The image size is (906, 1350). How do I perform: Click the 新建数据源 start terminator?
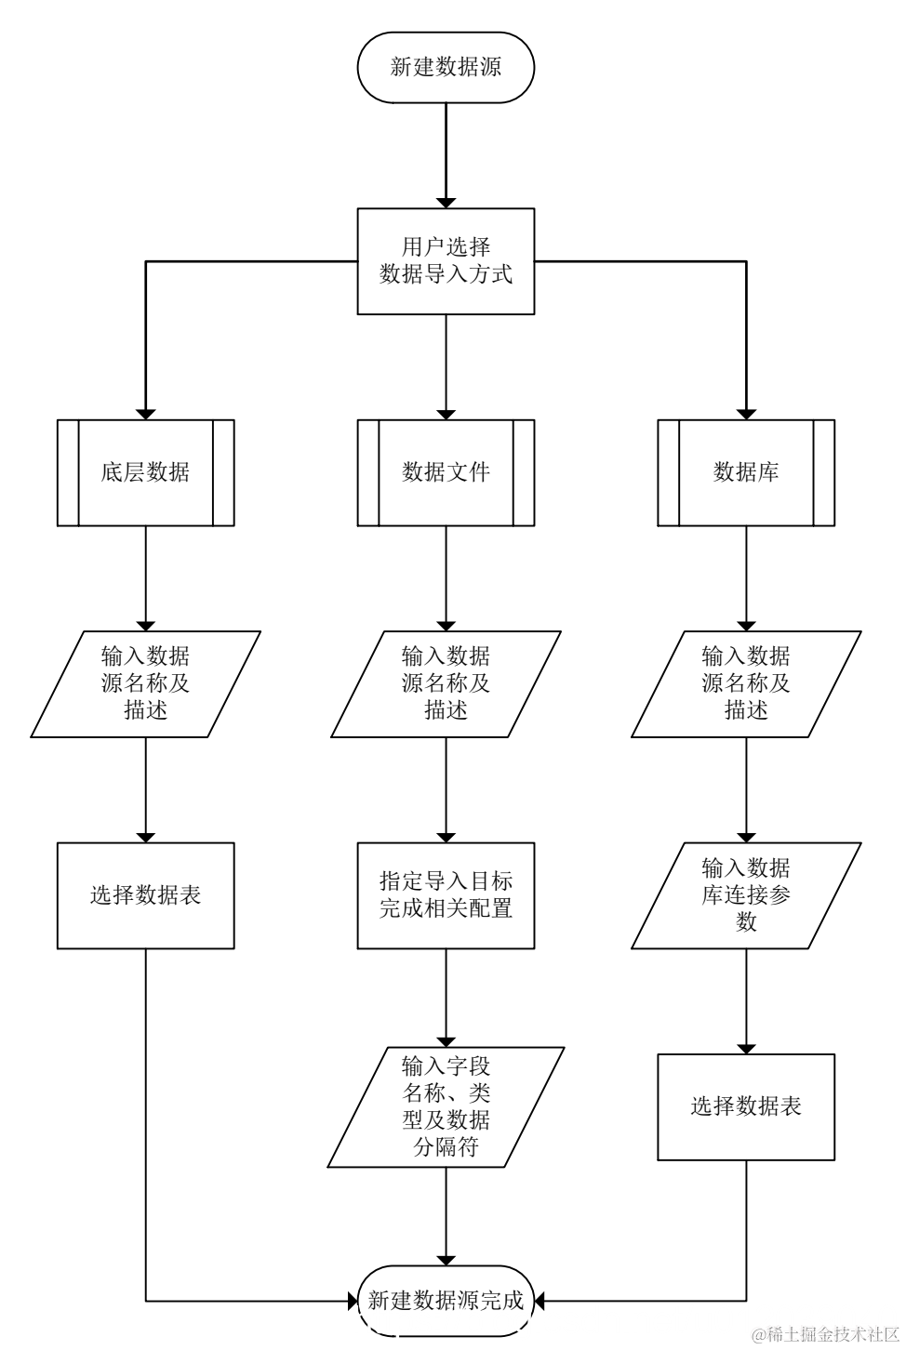pos(446,68)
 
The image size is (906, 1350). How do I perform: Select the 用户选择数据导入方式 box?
pos(446,261)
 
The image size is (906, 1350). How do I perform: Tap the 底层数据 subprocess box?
pos(145,472)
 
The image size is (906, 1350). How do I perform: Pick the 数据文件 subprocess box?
pos(446,472)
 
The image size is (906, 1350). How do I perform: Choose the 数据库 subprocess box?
pos(746,472)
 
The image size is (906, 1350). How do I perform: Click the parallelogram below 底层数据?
pos(145,684)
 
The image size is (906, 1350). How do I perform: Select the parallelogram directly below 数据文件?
pos(446,684)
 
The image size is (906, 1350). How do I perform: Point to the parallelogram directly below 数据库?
pos(746,684)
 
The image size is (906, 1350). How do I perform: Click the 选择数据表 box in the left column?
pos(145,895)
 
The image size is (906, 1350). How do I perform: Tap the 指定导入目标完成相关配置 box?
pos(446,895)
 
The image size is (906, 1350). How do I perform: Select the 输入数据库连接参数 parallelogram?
pos(746,895)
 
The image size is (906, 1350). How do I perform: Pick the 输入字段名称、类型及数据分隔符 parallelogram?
pos(446,1106)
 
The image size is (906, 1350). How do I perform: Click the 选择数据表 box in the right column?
pos(746,1106)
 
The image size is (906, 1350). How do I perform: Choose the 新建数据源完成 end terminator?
pos(446,1301)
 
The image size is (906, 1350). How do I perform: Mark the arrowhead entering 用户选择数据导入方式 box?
pos(446,202)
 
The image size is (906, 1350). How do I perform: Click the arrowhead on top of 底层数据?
pos(145,414)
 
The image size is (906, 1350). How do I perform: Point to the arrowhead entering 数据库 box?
pos(746,414)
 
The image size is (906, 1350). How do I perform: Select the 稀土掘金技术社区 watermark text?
pos(826,1335)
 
